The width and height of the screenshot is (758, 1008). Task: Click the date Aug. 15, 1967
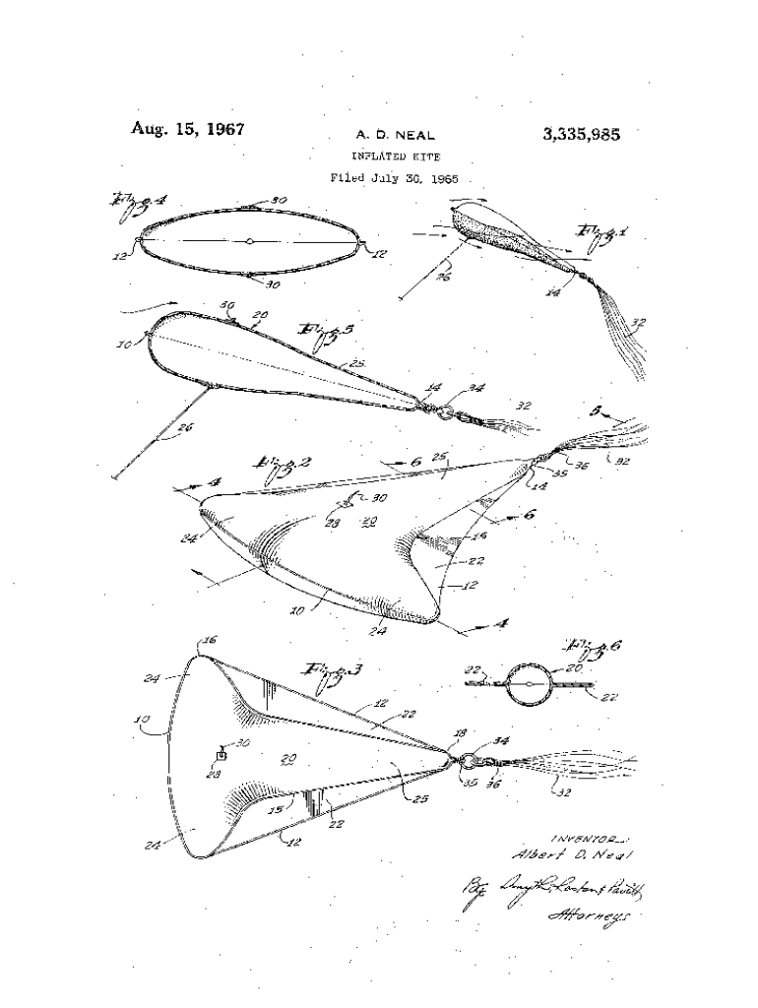point(187,129)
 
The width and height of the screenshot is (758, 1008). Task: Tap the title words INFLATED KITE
point(396,157)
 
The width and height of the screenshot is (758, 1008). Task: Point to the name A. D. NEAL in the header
point(394,136)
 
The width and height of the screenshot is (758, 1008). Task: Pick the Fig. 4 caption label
point(138,203)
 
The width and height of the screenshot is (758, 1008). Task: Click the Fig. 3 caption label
point(332,672)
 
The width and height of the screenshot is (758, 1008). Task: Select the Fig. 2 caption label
point(278,464)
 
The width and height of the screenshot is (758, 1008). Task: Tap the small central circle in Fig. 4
point(250,240)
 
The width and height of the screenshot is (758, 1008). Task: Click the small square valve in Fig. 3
point(222,755)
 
